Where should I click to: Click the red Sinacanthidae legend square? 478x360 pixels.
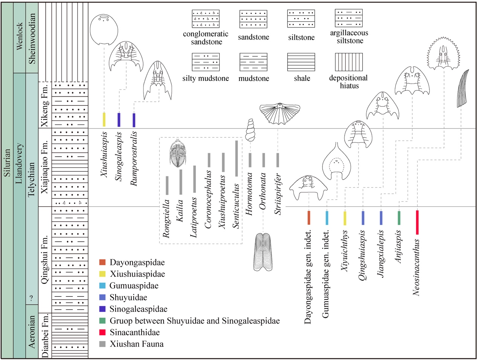point(102,332)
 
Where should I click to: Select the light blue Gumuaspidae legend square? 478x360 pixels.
point(102,285)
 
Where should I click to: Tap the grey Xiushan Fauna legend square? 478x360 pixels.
point(102,344)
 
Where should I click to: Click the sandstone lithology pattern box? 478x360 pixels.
point(253,19)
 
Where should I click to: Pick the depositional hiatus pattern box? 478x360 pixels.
point(349,62)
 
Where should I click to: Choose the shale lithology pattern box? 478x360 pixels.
point(301,62)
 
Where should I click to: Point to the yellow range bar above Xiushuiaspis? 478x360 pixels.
point(104,120)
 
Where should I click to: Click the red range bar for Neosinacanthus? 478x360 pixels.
point(417,222)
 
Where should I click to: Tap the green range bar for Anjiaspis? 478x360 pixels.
point(399,218)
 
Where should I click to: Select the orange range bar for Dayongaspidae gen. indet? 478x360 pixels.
point(309,218)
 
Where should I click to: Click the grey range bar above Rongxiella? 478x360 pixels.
point(167,185)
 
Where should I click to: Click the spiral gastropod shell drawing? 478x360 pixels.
point(250,130)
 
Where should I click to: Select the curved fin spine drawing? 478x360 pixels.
point(463,88)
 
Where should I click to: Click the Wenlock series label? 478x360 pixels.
point(20,37)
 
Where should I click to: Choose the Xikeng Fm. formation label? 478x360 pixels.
point(44,105)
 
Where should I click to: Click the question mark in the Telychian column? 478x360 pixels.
point(32,298)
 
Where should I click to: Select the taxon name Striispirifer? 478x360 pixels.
point(278,194)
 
